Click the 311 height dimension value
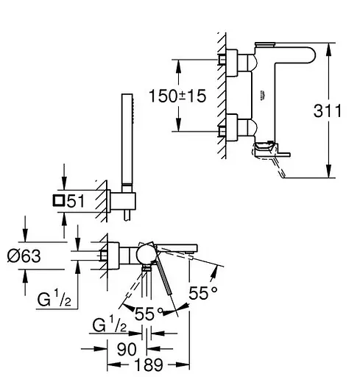(327, 110)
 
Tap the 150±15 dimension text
(177, 96)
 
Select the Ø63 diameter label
(24, 256)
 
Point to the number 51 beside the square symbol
(76, 201)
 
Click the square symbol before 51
(59, 200)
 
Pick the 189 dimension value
(149, 364)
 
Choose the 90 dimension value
(127, 349)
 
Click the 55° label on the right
(203, 293)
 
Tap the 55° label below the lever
(149, 314)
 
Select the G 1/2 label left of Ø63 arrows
(54, 297)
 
